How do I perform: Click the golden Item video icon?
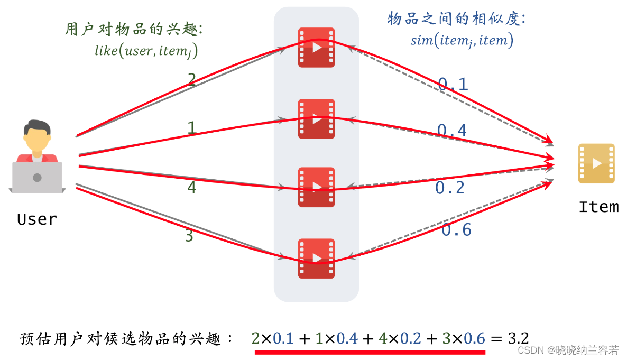point(596,163)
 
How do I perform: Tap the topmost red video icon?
point(316,48)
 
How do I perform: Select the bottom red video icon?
point(316,258)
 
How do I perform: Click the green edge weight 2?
point(192,79)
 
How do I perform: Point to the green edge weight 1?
point(192,128)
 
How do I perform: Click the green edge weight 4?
point(192,187)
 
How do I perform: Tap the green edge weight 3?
point(189,236)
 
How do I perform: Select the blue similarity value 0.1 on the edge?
point(453,84)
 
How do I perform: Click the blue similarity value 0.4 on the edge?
point(451,130)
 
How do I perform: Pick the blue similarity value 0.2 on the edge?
point(450,187)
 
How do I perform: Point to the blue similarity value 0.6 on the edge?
point(456,229)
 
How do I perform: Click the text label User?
point(36,219)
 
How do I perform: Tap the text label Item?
point(598,207)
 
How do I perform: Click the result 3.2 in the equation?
point(518,338)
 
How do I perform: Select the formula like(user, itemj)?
point(150,51)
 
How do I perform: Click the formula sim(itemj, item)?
point(462,40)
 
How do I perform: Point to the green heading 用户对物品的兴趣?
point(134,29)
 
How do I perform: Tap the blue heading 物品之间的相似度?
point(456,20)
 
